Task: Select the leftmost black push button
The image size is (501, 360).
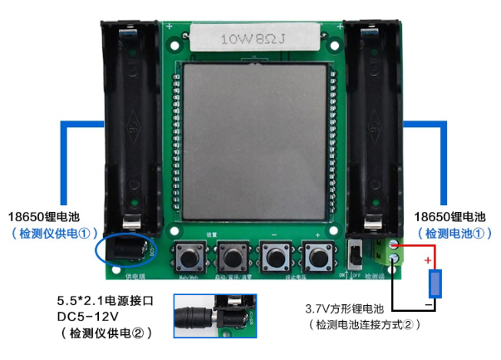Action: [x=189, y=255]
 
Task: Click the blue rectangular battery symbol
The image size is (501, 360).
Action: [x=435, y=282]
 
